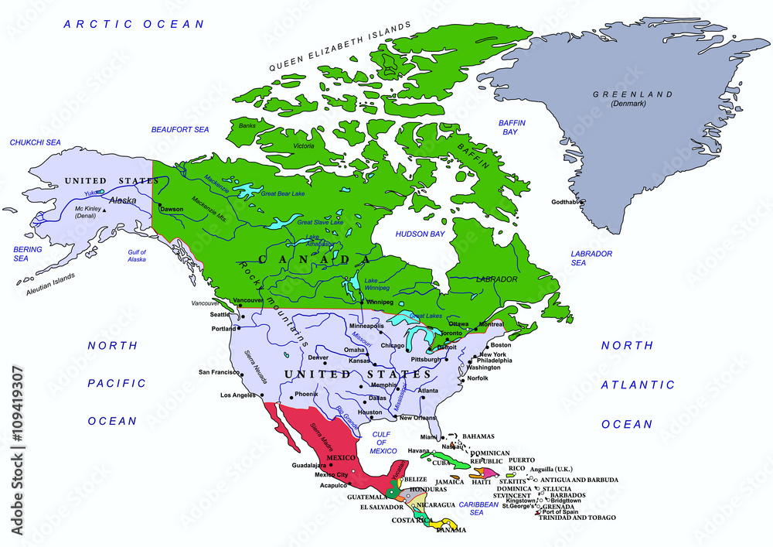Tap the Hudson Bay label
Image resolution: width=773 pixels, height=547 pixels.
click(420, 234)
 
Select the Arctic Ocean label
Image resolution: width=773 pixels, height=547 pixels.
click(135, 25)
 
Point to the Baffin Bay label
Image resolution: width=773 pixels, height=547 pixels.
click(512, 128)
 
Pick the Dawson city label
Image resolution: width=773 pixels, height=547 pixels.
click(172, 209)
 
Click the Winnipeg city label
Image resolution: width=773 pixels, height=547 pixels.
click(380, 302)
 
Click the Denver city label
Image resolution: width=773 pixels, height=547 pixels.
click(318, 357)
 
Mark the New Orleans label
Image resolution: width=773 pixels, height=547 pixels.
click(419, 418)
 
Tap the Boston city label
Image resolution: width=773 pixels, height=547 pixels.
click(501, 345)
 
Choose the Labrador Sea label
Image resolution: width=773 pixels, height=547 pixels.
click(591, 258)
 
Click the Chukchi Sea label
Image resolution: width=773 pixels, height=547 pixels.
click(35, 143)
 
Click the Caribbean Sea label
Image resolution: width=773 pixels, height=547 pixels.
click(479, 508)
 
